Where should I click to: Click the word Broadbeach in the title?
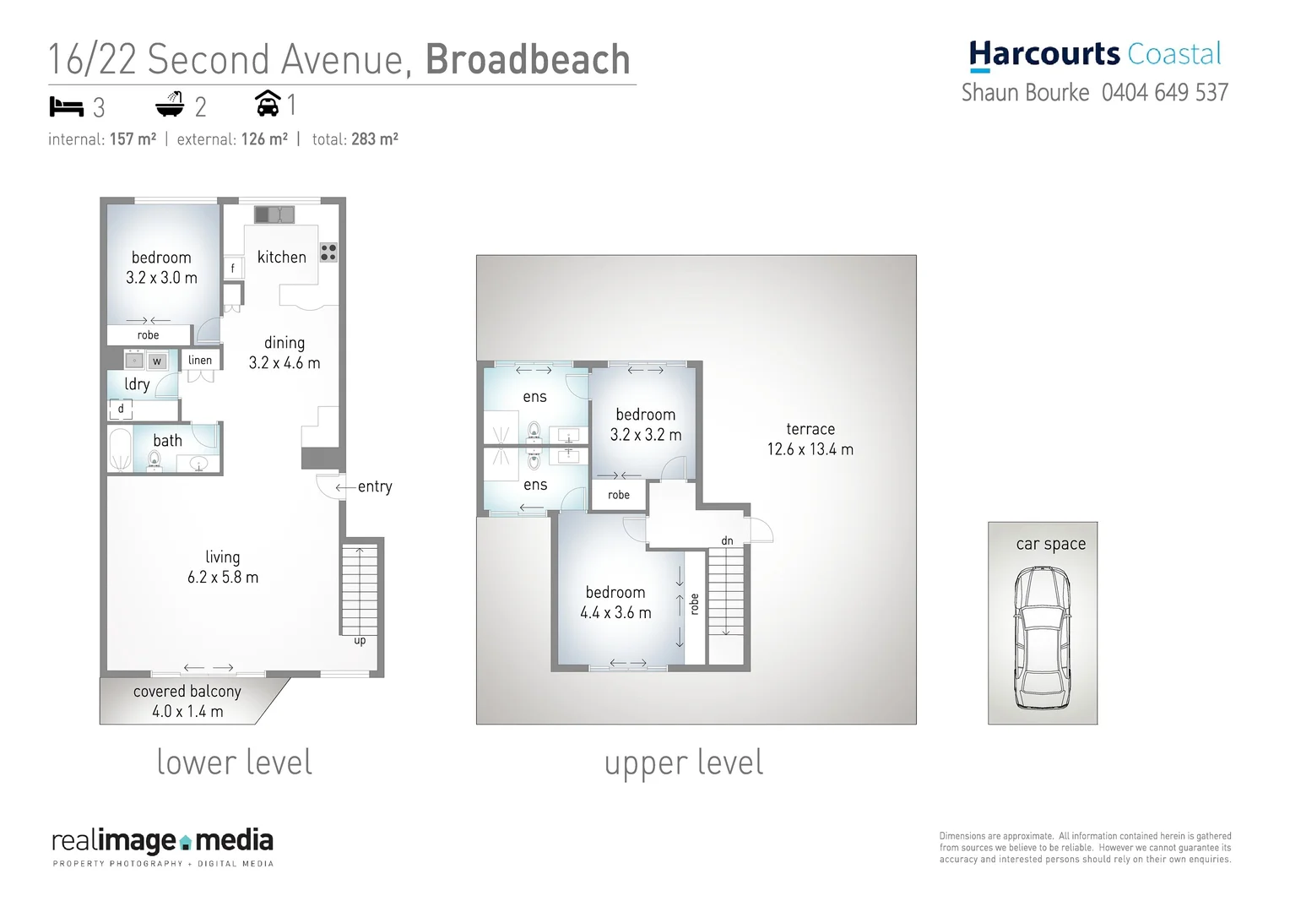point(528,59)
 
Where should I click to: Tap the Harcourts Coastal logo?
point(1095,55)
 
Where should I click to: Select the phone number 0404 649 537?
point(1164,93)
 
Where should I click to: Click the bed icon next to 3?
point(67,106)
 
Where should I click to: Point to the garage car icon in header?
point(268,104)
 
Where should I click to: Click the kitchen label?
point(281,257)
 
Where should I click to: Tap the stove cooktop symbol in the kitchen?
point(328,252)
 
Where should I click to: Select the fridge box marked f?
point(233,269)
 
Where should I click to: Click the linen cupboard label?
point(200,360)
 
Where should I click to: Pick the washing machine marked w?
point(156,361)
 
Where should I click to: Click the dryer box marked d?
point(121,410)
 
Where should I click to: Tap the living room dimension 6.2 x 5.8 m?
point(223,578)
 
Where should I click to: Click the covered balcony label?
point(187,692)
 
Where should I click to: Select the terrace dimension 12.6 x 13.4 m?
point(810,449)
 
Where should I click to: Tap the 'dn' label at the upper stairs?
point(727,540)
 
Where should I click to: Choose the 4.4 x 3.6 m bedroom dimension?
point(615,613)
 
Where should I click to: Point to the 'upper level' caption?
point(684,763)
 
